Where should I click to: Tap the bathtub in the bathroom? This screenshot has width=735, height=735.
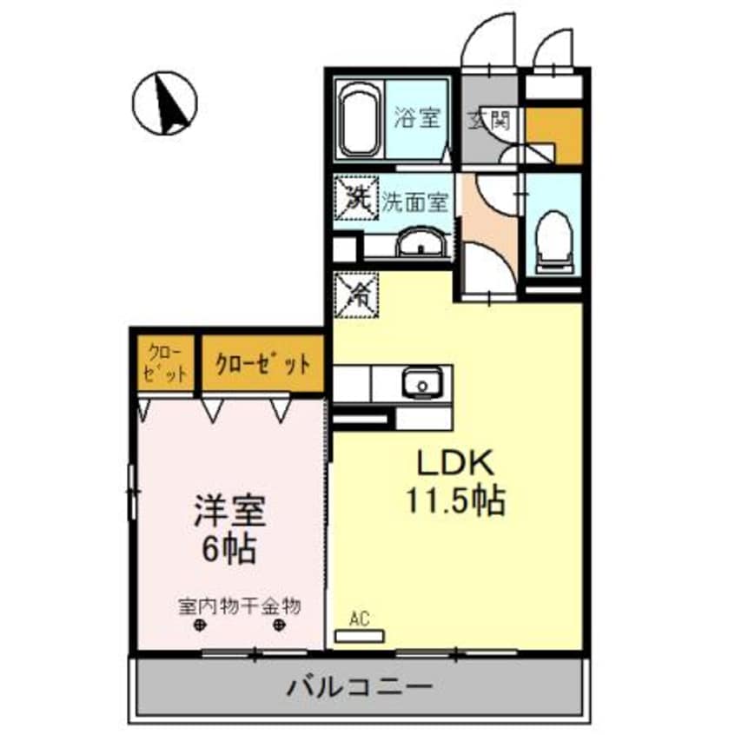click(x=357, y=121)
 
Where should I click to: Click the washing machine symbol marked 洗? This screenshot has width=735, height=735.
click(x=356, y=199)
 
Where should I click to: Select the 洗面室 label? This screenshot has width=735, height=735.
click(x=415, y=202)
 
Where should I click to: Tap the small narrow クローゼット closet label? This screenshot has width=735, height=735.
click(x=166, y=363)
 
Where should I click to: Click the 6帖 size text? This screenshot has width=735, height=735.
click(x=228, y=548)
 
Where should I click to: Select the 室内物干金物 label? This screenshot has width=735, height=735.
click(x=239, y=606)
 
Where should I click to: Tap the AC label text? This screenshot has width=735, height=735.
click(x=360, y=619)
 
